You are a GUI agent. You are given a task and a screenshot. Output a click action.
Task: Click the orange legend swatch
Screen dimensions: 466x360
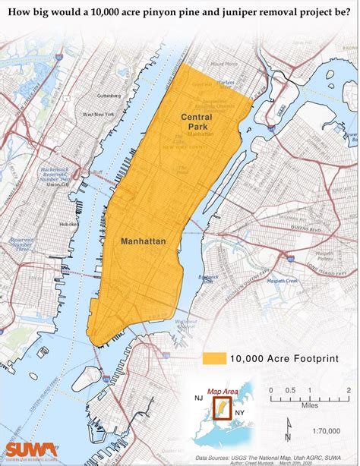pos(215,358)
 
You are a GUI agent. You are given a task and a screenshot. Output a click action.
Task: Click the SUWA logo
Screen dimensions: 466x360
pos(29,451)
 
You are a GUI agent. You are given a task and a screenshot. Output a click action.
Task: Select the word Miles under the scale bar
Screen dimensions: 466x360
pos(308,405)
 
